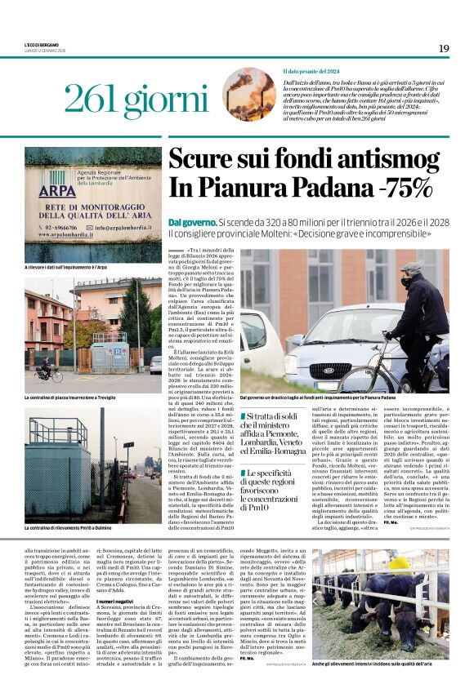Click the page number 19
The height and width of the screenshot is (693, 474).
443,48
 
